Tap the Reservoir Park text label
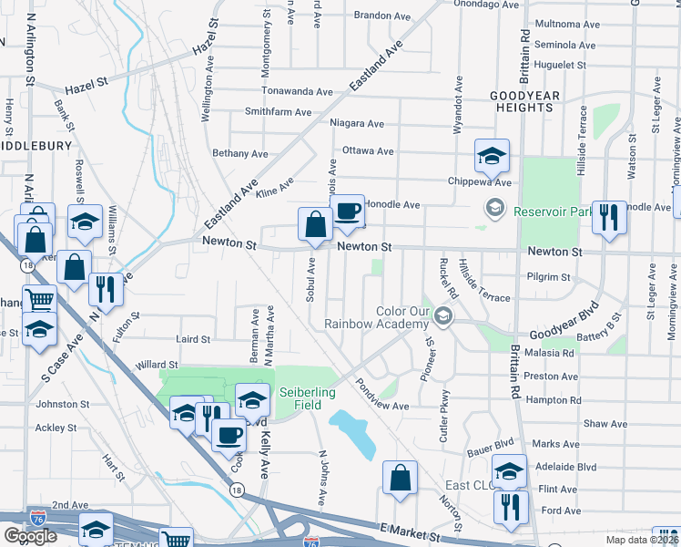[553, 212]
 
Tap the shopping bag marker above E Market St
[400, 478]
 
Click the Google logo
[30, 536]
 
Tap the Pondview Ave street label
[382, 394]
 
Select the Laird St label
[192, 339]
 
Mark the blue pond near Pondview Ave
[355, 433]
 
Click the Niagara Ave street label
[358, 123]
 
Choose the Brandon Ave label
[382, 15]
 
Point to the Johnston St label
[62, 404]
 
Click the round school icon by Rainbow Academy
[443, 316]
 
